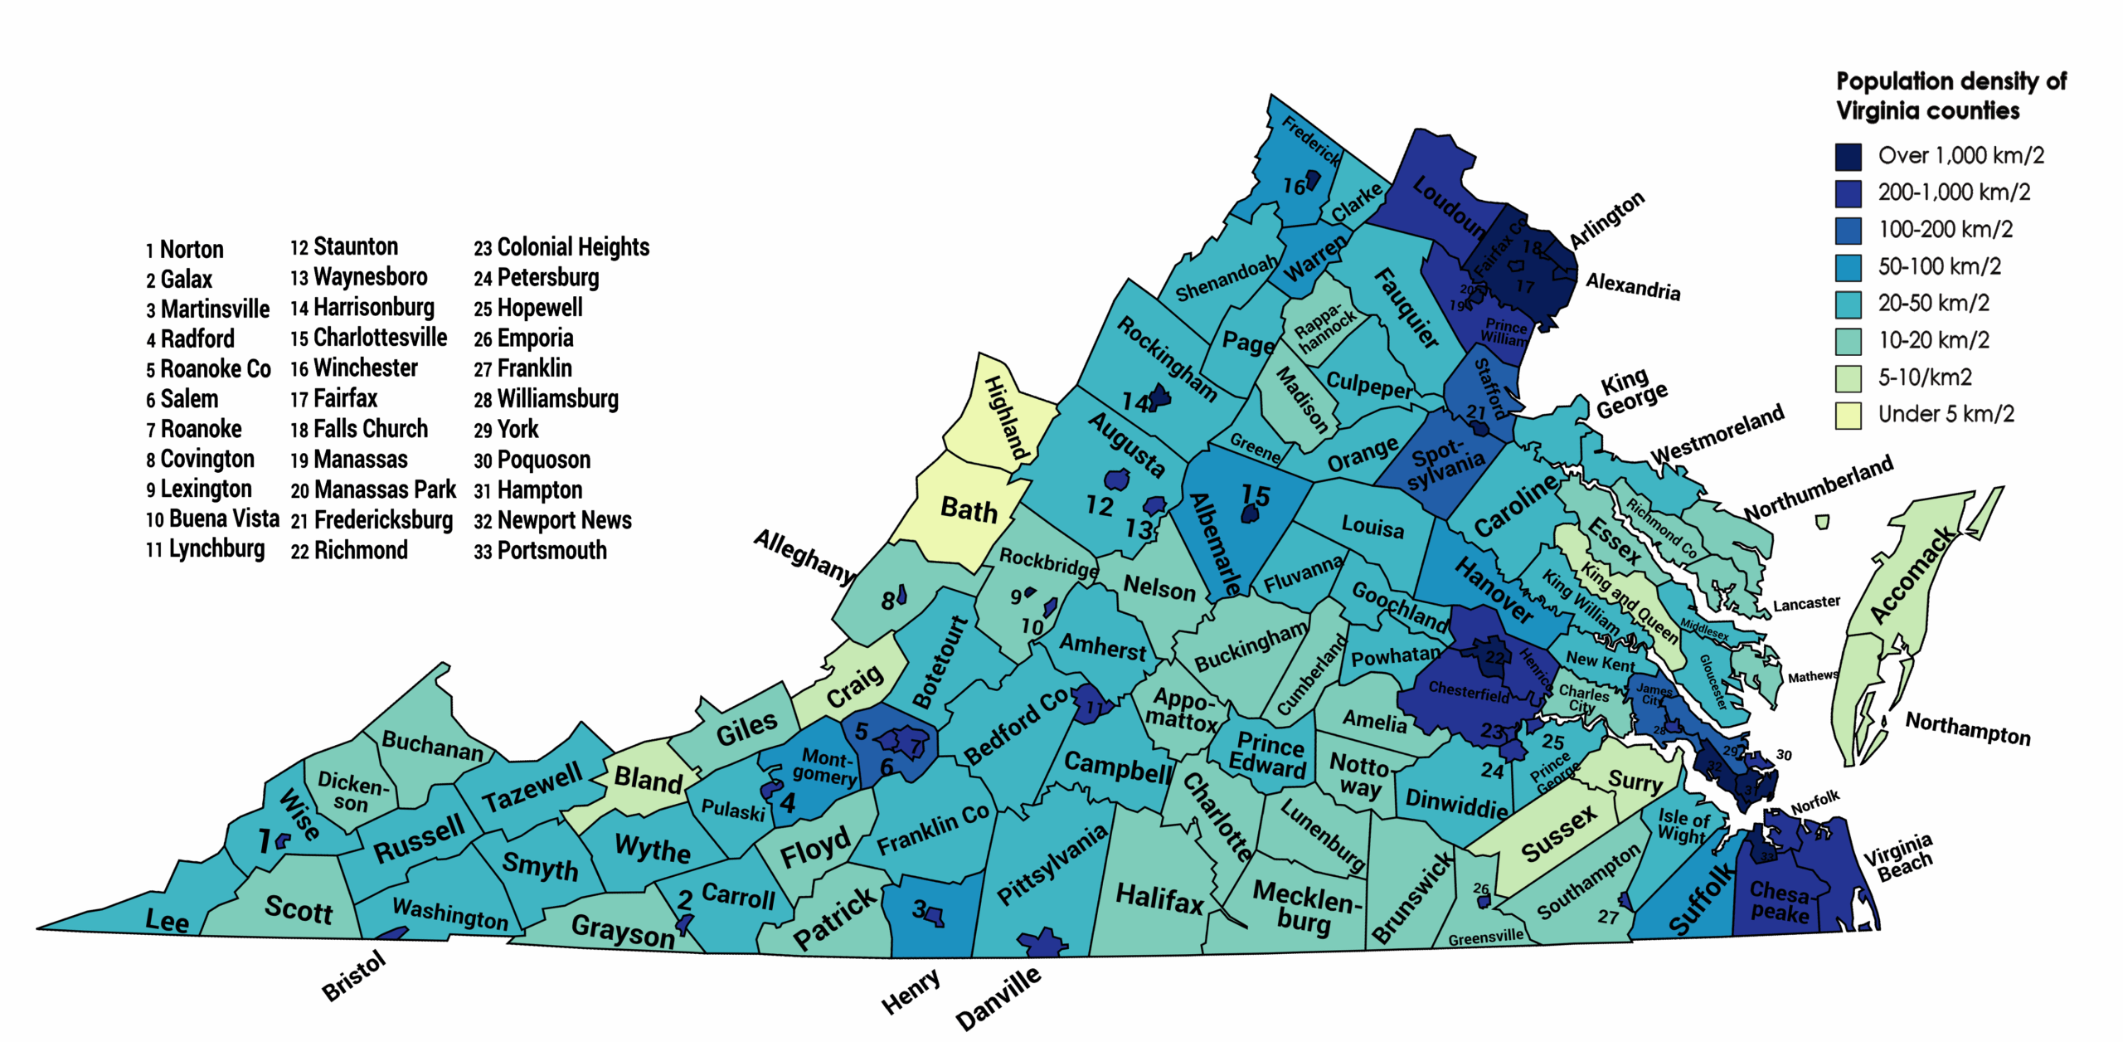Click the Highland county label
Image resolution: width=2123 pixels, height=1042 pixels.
[x=1006, y=417]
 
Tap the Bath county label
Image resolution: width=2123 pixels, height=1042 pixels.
[x=969, y=509]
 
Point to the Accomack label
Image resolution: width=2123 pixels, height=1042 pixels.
[x=1912, y=576]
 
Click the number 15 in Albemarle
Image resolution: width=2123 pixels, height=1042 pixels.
[x=1256, y=495]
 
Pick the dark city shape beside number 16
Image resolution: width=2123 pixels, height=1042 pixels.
[x=1312, y=180]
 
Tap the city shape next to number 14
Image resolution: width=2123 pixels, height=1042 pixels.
[x=1159, y=397]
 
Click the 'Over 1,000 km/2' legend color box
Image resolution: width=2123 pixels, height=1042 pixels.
[x=1849, y=156]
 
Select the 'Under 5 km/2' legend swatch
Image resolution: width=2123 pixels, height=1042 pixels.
[x=1849, y=415]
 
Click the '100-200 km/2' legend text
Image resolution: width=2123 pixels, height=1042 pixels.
[x=1945, y=229]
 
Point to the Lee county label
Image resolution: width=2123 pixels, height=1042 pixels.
[x=167, y=920]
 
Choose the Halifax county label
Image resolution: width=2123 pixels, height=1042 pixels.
[x=1159, y=898]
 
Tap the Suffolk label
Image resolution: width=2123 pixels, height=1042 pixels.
[x=1701, y=898]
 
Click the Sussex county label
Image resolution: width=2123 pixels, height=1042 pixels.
[x=1558, y=834]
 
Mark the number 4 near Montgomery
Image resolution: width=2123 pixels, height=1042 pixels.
[x=787, y=802]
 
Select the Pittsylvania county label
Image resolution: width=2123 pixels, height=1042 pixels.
[x=1052, y=864]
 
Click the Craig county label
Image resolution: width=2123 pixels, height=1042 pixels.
[x=855, y=687]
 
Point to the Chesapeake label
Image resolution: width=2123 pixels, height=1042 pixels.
[x=1779, y=902]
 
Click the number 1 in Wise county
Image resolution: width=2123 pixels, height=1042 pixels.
[x=264, y=841]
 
